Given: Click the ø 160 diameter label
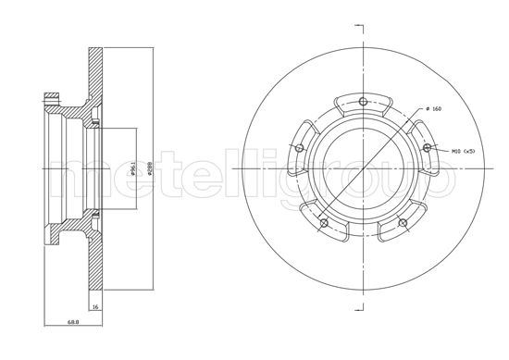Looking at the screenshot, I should pos(431,110).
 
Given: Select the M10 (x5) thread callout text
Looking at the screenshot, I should pos(463,150).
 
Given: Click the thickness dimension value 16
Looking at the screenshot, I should pos(94,306).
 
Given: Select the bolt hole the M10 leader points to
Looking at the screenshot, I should pos(427,147).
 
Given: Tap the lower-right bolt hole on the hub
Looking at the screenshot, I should pos(403,222).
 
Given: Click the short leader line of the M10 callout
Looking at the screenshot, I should pos(441,148).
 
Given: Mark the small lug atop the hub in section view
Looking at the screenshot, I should pos(51,95).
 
